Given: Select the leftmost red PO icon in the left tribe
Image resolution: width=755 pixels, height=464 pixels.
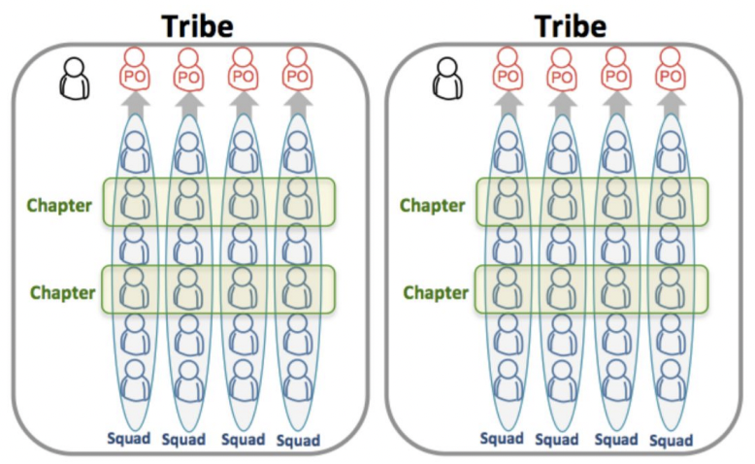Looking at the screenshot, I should coord(136,70).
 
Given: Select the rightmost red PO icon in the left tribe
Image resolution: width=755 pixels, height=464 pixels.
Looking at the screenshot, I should coord(298,70).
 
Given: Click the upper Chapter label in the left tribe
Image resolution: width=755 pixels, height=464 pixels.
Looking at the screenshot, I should coord(59,205).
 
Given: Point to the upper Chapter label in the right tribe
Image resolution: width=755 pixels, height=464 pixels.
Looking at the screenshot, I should coord(433,205).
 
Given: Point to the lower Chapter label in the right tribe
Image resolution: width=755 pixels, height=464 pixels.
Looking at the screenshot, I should coord(436,291).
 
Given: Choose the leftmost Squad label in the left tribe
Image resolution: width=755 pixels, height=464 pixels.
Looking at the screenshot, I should coord(130,439).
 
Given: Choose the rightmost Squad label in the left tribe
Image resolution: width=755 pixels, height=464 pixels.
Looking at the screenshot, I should coord(297,440).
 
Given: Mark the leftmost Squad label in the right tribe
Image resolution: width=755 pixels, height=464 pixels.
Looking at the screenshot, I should coord(502,439).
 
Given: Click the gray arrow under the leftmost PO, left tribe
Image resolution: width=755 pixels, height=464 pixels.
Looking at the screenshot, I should coord(136,102).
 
